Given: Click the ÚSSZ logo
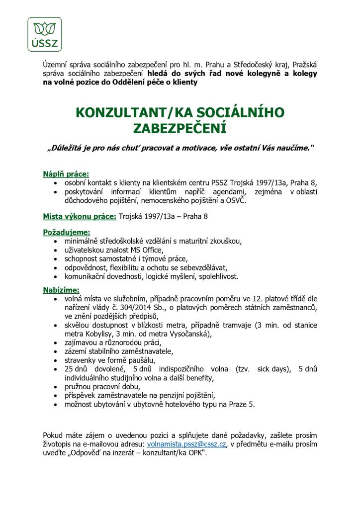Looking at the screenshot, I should (x=45, y=34).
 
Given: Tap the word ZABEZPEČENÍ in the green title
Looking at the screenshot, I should (x=180, y=129).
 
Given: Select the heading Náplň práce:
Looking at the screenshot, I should (x=66, y=174).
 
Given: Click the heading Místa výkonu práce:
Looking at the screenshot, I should (x=80, y=216).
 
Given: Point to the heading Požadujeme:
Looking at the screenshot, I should (x=67, y=232).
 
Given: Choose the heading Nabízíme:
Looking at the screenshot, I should (x=61, y=290).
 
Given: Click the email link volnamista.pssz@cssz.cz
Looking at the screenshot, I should (x=186, y=444).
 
